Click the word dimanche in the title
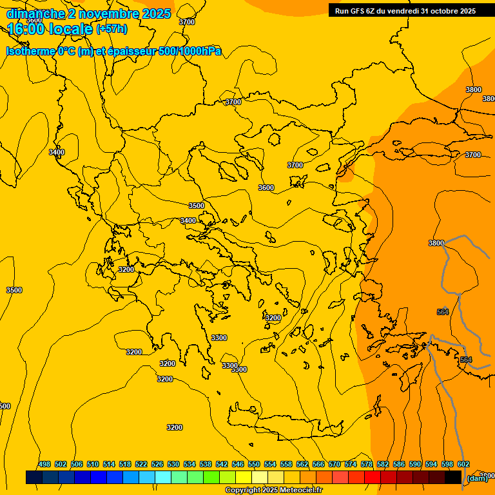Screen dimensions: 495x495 click(35, 14)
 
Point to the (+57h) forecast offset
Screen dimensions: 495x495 click(112, 29)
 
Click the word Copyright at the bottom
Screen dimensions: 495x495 click(242, 490)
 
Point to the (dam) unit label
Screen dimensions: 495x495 click(477, 478)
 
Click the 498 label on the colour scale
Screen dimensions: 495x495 click(44, 465)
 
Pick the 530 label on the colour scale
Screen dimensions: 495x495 click(173, 465)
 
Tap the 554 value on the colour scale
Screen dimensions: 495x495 click(270, 465)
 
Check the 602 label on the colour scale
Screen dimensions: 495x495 click(463, 465)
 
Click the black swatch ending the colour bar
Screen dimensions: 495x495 click(453, 477)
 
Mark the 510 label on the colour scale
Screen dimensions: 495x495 click(93, 465)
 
